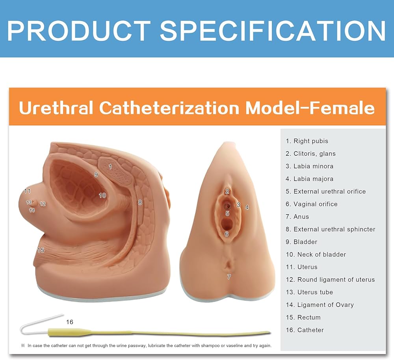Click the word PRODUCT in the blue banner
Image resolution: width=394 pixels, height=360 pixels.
click(79, 30)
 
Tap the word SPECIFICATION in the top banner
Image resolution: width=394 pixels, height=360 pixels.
click(273, 30)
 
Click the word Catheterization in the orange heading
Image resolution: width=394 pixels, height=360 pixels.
click(169, 108)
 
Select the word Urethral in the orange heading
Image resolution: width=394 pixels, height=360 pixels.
click(56, 108)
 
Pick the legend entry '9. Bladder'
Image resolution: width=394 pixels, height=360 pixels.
click(301, 242)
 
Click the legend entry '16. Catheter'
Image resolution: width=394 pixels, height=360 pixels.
click(305, 330)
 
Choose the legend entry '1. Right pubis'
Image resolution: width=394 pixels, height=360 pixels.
click(307, 141)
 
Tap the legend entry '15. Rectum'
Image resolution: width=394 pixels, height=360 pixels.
click(303, 317)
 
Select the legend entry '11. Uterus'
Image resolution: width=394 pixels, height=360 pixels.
click(301, 267)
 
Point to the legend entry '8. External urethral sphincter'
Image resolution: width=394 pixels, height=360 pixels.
click(331, 229)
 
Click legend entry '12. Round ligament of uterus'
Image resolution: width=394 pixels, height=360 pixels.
click(330, 280)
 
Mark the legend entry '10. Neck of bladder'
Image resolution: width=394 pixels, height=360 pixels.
click(316, 254)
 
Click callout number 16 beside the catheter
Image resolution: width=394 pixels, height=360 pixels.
click(70, 322)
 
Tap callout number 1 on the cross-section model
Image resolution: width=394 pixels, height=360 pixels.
click(110, 167)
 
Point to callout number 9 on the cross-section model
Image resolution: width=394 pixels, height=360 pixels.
click(96, 174)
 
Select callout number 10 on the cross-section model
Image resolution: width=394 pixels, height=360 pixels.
click(102, 195)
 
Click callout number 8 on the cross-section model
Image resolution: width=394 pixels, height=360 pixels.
click(140, 202)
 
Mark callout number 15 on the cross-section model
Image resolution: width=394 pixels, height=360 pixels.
click(41, 250)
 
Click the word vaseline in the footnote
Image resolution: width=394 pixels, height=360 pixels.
click(234, 346)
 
